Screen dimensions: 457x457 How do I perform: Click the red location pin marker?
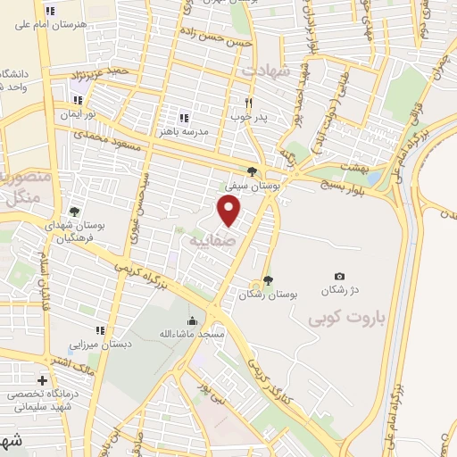230,211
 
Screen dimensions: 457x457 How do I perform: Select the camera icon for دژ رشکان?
339,277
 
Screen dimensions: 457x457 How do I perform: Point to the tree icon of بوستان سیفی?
253,172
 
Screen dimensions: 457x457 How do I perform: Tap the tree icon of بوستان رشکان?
269,279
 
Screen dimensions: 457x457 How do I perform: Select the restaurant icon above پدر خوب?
248,103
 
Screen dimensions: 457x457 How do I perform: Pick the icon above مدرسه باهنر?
184,117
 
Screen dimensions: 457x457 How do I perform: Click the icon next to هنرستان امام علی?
50,11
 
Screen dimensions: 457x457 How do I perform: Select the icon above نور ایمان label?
78,100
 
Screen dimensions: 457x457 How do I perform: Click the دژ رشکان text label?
339,292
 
